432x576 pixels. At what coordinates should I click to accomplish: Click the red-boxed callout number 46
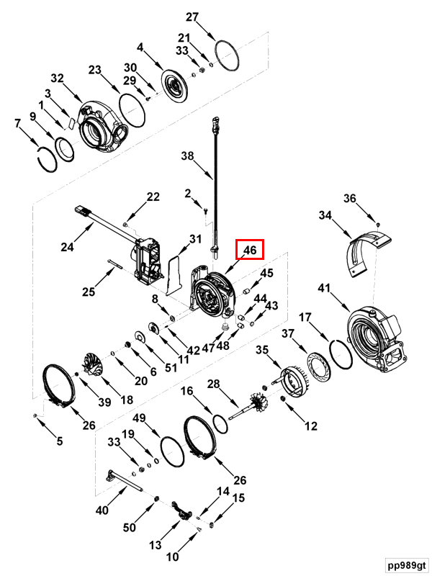(x=250, y=249)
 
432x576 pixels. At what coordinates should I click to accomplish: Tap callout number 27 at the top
(x=192, y=17)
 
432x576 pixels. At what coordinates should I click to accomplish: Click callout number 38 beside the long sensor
(x=188, y=155)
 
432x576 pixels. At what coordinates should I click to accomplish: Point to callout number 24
(x=67, y=247)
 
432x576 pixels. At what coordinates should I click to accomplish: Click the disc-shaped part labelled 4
(x=173, y=85)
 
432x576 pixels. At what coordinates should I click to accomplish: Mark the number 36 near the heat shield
(x=349, y=199)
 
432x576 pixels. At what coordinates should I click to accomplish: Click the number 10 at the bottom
(x=173, y=557)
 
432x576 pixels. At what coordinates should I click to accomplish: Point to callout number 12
(x=310, y=426)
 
